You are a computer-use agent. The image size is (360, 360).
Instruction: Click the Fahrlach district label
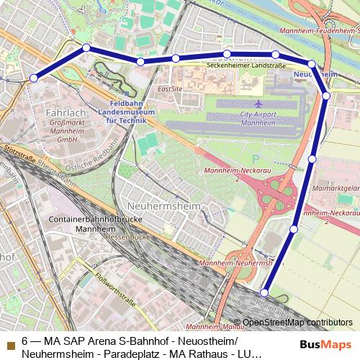tap(66, 113)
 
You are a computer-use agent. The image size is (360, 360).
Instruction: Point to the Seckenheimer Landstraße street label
tap(246, 66)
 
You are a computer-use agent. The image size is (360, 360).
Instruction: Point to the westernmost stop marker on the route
tap(33, 78)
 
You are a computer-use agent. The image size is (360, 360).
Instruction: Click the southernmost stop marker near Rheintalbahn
tap(264, 292)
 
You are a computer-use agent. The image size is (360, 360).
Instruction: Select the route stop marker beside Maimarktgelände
tap(312, 158)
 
